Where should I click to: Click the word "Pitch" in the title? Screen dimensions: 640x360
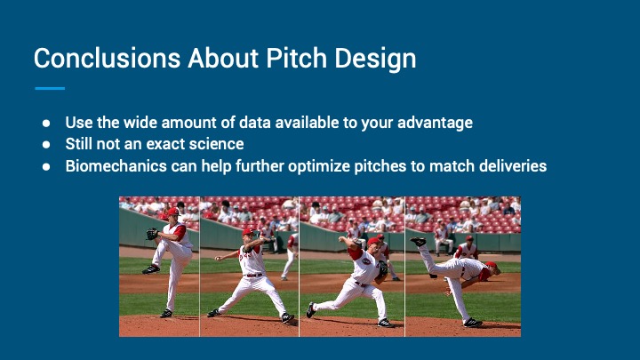click(x=296, y=58)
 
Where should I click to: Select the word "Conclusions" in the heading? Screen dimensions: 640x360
click(x=108, y=58)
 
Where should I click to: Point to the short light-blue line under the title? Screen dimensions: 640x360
click(x=50, y=88)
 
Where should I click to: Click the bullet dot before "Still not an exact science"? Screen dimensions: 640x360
click(x=46, y=145)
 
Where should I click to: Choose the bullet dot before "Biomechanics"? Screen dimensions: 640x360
click(x=46, y=166)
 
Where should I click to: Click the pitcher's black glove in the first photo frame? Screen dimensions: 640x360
click(x=152, y=234)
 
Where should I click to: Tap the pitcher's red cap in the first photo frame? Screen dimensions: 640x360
click(x=173, y=211)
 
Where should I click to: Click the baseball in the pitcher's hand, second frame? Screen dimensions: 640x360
click(x=217, y=258)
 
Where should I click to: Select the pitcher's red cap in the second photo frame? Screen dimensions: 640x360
click(x=248, y=231)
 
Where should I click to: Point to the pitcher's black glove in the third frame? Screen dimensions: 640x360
click(x=382, y=269)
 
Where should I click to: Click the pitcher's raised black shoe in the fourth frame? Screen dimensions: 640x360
click(x=419, y=241)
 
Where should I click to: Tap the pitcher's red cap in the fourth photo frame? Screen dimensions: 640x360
click(x=492, y=265)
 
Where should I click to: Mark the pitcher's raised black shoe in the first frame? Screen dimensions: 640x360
click(x=151, y=269)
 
